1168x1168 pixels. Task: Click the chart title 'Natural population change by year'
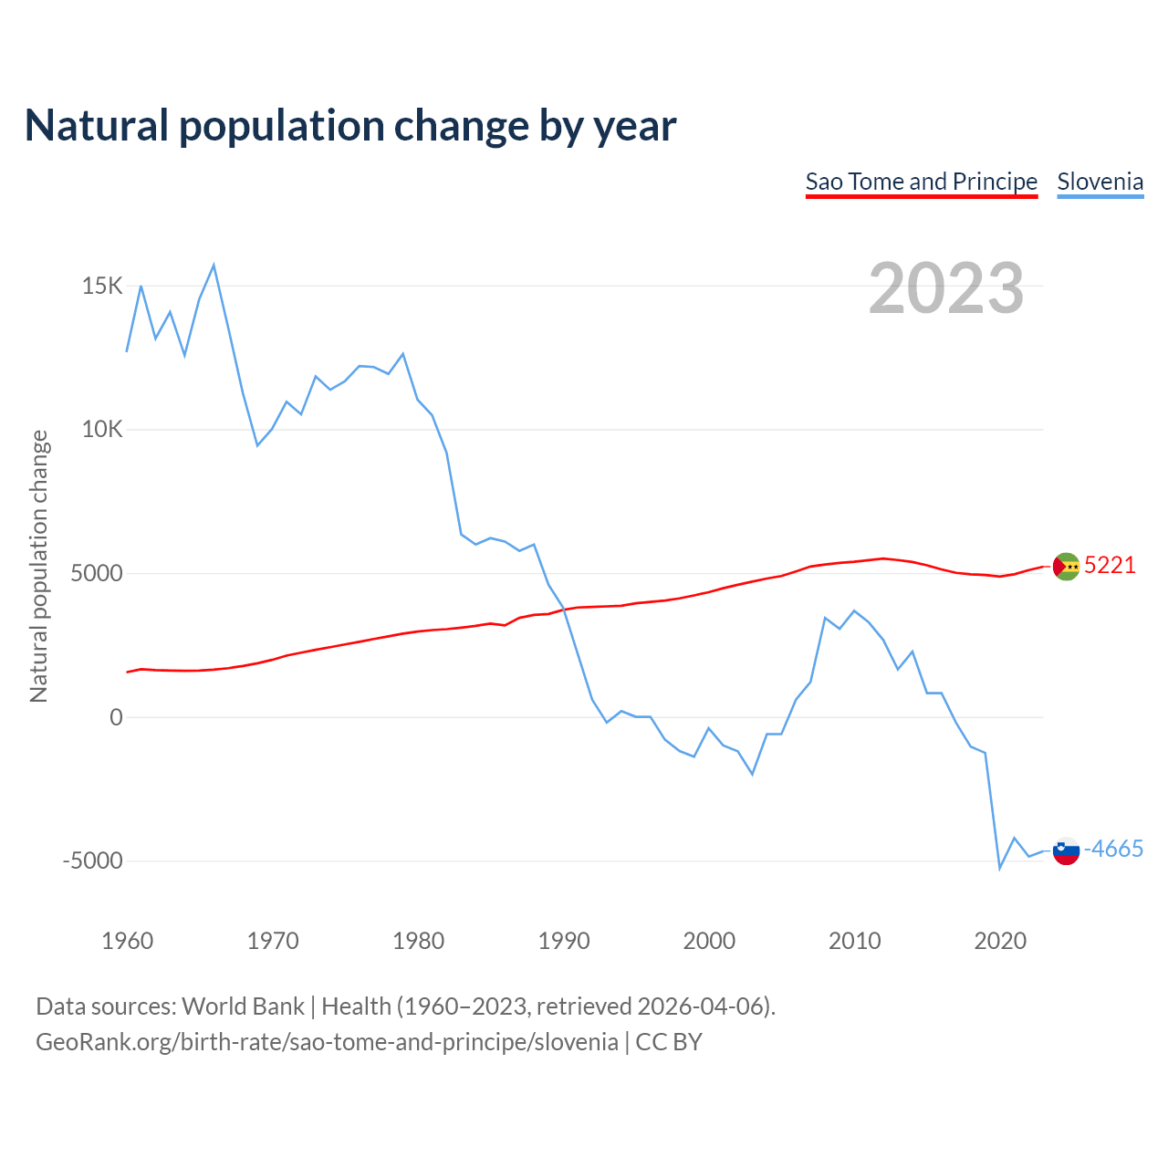point(350,126)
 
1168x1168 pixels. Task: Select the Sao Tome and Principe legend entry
point(921,182)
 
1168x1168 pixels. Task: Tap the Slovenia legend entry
point(1100,182)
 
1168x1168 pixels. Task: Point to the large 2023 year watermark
point(946,288)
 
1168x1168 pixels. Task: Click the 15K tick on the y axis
point(102,287)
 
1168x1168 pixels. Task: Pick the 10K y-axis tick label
point(102,430)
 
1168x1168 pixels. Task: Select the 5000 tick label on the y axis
point(96,574)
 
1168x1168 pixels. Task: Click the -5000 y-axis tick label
point(92,861)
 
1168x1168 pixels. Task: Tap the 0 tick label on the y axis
point(116,717)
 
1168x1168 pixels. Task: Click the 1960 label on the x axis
point(127,941)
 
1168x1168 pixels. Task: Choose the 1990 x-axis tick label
point(564,941)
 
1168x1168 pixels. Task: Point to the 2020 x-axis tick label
point(1000,941)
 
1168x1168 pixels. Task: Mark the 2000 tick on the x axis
point(709,941)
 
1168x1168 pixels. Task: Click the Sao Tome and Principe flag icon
point(1066,567)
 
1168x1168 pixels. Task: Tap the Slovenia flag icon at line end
point(1066,850)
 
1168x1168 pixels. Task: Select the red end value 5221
point(1110,566)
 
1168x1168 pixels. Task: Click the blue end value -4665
point(1113,850)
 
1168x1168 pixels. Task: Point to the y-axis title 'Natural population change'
point(39,567)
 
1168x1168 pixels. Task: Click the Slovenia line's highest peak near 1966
point(214,266)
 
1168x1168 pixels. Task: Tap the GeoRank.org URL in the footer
point(327,1042)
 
